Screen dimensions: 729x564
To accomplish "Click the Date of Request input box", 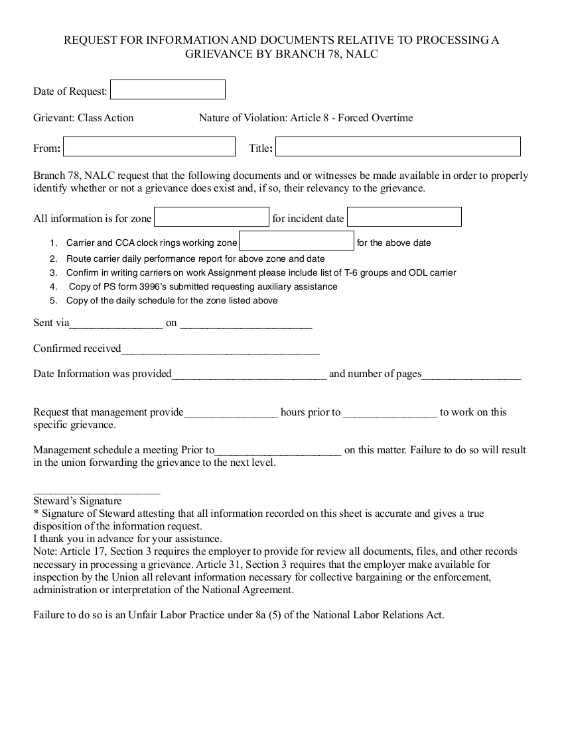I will tap(167, 89).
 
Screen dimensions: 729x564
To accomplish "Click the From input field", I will tap(149, 146).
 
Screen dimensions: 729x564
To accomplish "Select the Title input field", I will tap(397, 146).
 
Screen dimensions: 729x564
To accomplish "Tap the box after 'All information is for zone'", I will tap(212, 217).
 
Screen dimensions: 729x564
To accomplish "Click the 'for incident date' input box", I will tap(404, 217).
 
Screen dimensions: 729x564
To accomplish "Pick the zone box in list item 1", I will tap(297, 241).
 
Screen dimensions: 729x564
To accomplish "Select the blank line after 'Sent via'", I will tap(116, 325).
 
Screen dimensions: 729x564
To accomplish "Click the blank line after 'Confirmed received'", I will tap(220, 350).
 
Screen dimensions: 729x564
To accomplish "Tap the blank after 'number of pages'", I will tap(471, 375).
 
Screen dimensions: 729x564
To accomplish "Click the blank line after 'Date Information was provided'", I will tap(249, 375).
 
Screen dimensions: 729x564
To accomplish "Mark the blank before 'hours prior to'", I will tap(230, 414).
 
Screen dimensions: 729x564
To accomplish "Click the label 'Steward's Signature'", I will tap(78, 501).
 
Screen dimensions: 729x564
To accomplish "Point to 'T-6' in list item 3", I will tap(352, 272).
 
